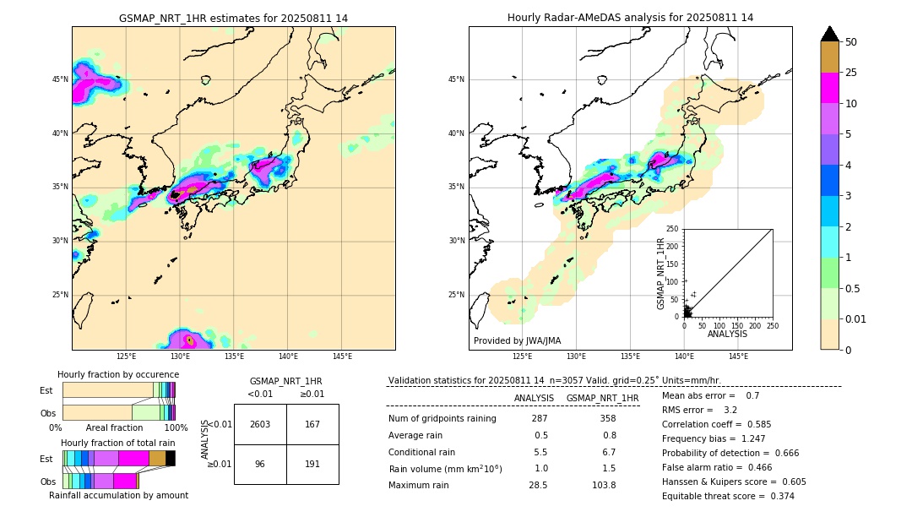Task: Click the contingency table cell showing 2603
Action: point(259,424)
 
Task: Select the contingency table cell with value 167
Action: point(312,424)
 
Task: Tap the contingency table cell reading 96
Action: point(259,464)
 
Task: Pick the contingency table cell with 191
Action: point(312,464)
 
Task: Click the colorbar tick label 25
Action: point(851,73)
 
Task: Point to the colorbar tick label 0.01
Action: point(856,318)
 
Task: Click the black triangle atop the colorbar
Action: point(830,34)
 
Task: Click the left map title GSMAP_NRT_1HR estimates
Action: point(233,18)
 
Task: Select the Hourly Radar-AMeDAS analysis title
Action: point(630,18)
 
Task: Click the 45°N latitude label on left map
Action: point(60,79)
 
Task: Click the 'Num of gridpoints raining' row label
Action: point(442,418)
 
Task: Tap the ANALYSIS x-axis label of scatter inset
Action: point(727,334)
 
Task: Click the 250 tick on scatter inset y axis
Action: point(672,229)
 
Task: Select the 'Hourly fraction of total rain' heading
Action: point(117,443)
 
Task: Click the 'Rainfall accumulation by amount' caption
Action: point(118,495)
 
